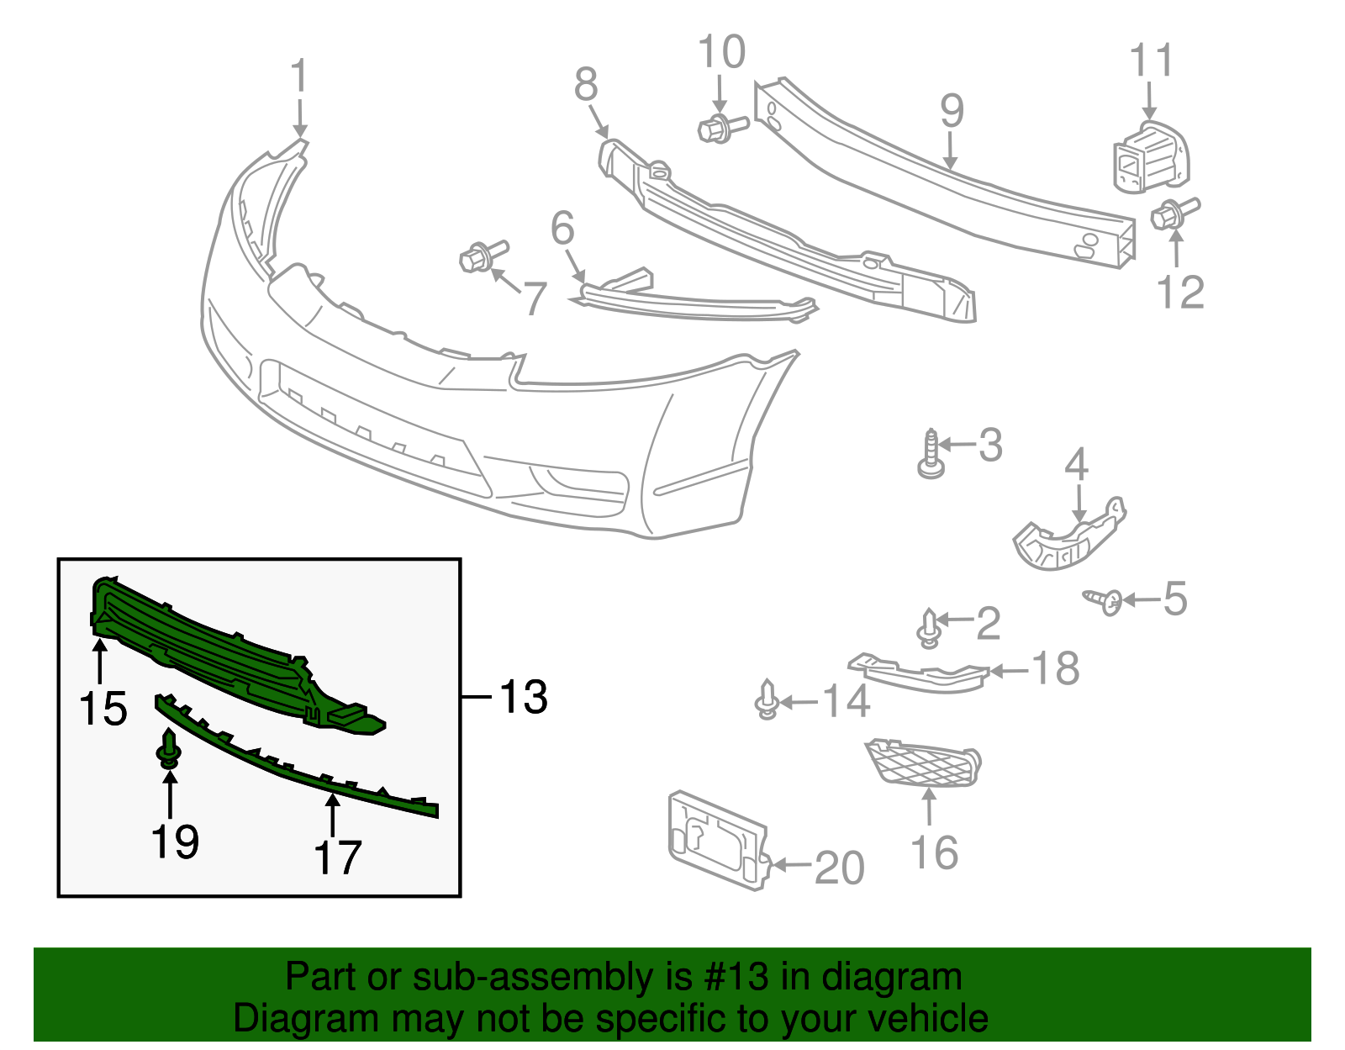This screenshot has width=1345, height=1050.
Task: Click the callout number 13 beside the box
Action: click(523, 697)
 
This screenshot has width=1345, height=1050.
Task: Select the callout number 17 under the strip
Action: click(337, 857)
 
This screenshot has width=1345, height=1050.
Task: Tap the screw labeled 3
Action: click(931, 455)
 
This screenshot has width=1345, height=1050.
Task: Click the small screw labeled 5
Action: click(1103, 600)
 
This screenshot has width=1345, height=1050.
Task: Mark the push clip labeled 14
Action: click(766, 700)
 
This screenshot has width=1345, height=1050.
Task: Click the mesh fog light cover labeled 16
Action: click(922, 763)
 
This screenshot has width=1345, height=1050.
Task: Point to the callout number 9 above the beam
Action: click(952, 109)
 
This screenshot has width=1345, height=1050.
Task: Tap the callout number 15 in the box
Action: click(103, 709)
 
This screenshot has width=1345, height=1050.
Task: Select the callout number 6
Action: click(562, 229)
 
